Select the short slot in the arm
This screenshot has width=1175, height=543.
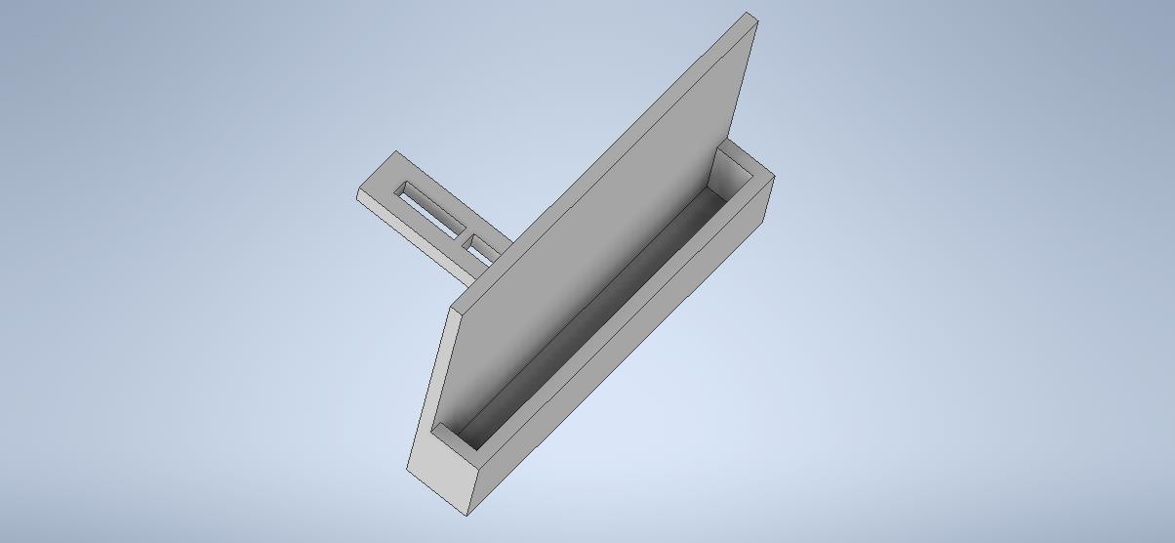click(482, 249)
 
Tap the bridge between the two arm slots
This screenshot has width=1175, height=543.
click(464, 234)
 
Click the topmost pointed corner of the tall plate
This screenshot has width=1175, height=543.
click(750, 14)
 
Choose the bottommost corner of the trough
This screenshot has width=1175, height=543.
click(467, 514)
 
